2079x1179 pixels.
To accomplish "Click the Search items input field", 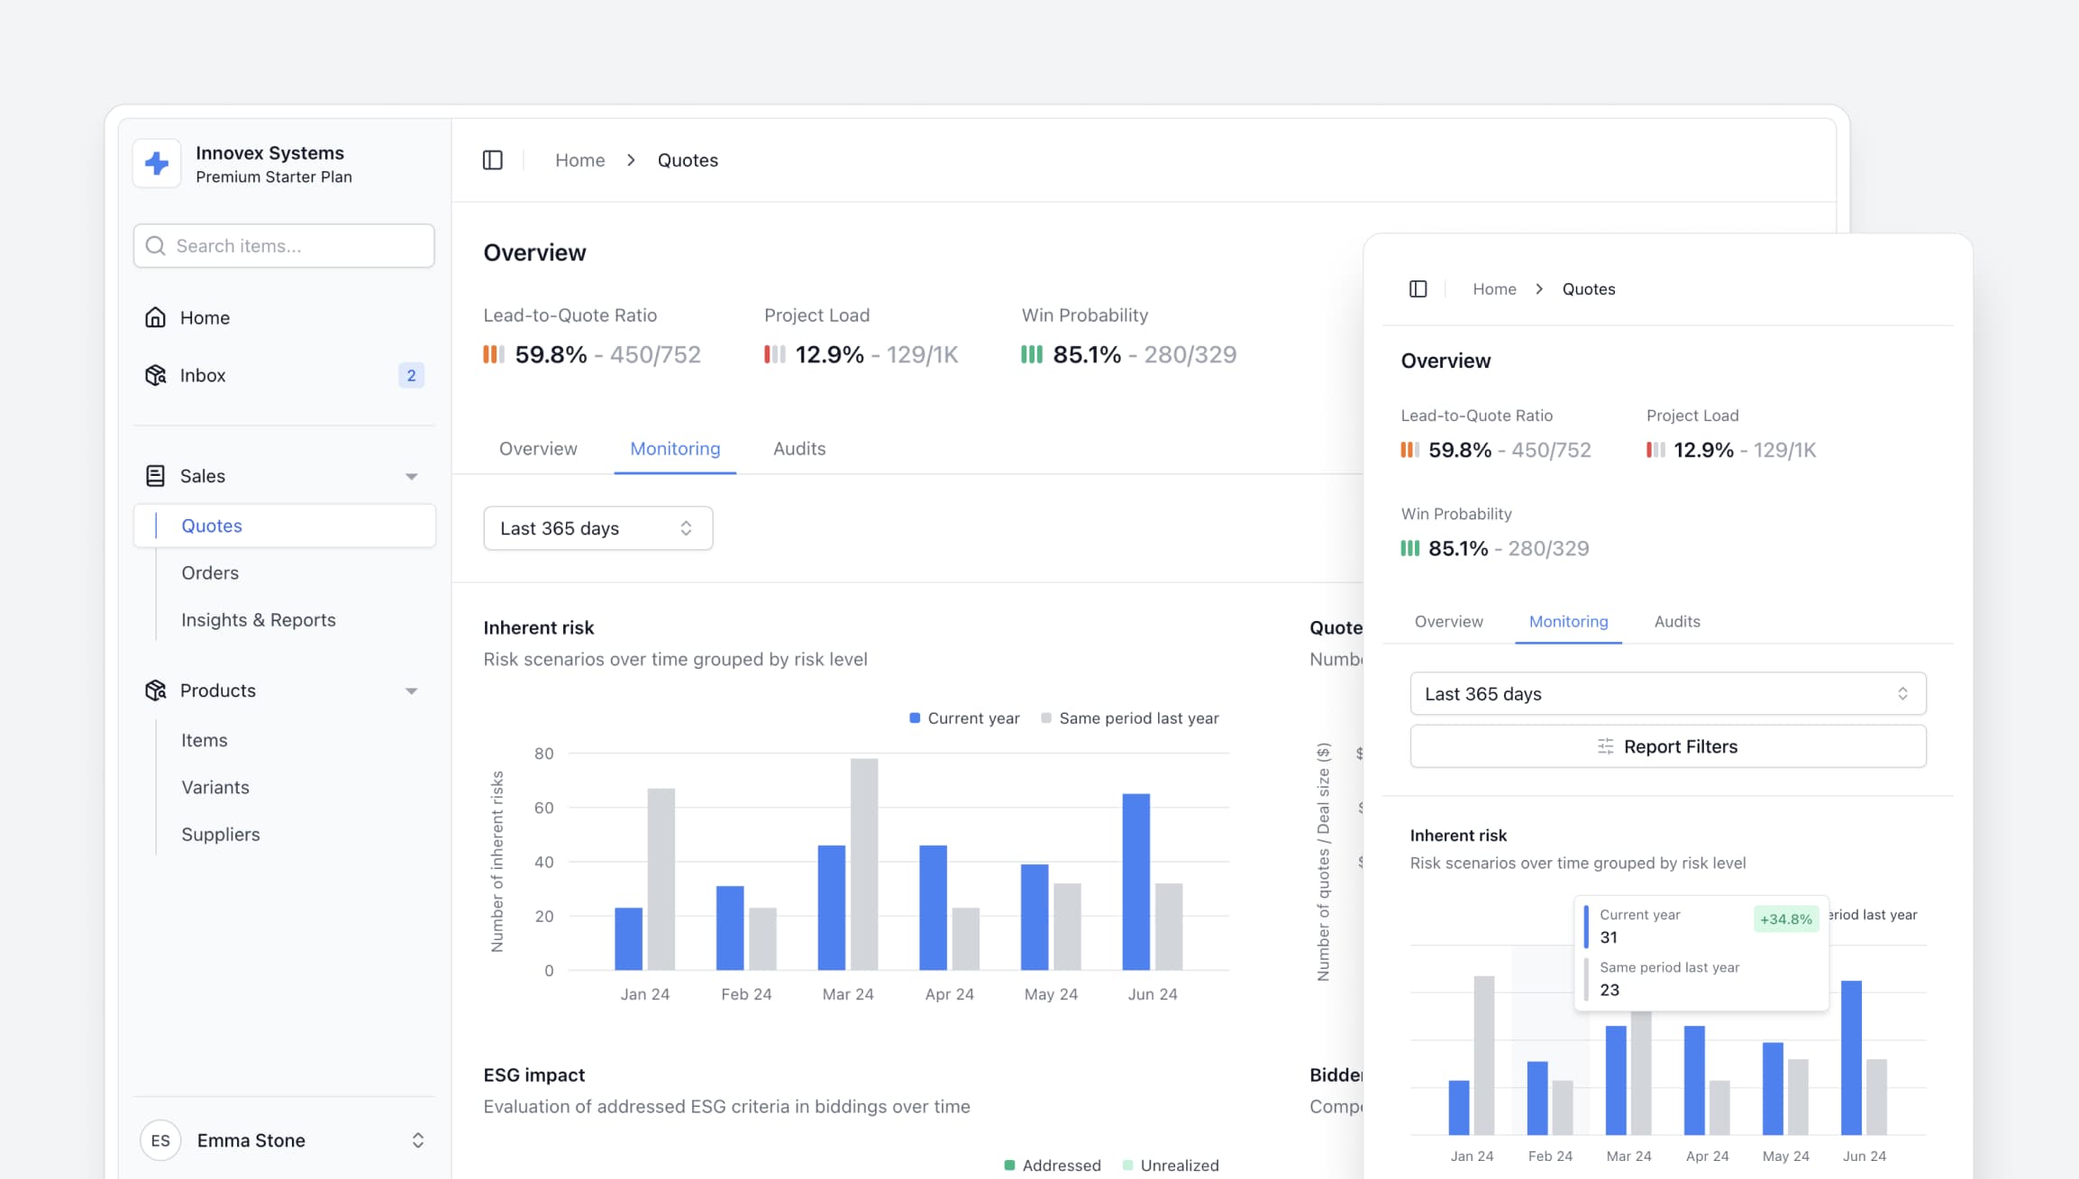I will pyautogui.click(x=284, y=246).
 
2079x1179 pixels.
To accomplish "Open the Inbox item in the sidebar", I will pyautogui.click(x=203, y=376).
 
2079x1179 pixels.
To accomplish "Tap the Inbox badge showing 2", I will pyautogui.click(x=411, y=376).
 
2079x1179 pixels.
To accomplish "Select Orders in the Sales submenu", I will pyautogui.click(x=210, y=573).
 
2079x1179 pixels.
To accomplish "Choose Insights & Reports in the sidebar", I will pyautogui.click(x=258, y=620).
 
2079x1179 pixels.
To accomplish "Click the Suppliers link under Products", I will pyautogui.click(x=221, y=835).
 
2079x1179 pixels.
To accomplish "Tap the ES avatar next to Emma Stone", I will pyautogui.click(x=160, y=1140).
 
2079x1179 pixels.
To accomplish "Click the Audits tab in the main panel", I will pyautogui.click(x=799, y=449).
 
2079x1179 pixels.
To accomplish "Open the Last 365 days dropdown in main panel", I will pyautogui.click(x=597, y=528).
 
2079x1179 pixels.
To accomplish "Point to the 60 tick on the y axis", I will pyautogui.click(x=543, y=808).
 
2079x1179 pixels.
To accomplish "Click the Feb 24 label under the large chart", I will pyautogui.click(x=746, y=994).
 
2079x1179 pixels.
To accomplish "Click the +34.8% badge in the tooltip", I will pyautogui.click(x=1785, y=919).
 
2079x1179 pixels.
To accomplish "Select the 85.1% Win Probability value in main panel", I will pyautogui.click(x=1087, y=355).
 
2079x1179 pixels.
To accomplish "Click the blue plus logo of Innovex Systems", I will pyautogui.click(x=157, y=163).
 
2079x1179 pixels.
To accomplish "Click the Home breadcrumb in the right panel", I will pyautogui.click(x=1494, y=289).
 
